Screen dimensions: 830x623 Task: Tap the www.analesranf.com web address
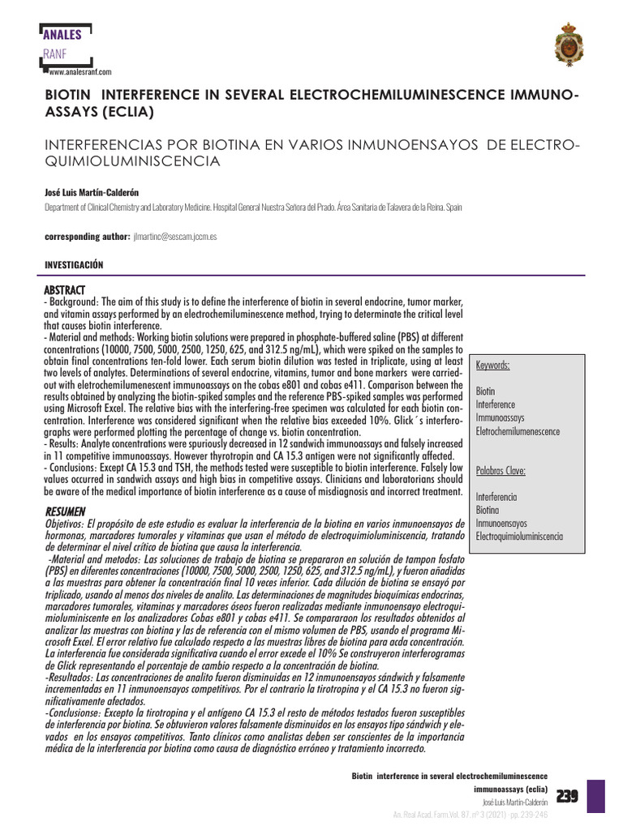click(x=79, y=72)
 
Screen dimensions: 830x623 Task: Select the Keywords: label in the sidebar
click(x=493, y=366)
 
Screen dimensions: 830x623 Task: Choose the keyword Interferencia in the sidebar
click(x=496, y=496)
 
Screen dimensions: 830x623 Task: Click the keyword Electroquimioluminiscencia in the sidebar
click(x=519, y=537)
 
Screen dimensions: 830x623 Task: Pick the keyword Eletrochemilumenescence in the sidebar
click(x=518, y=431)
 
